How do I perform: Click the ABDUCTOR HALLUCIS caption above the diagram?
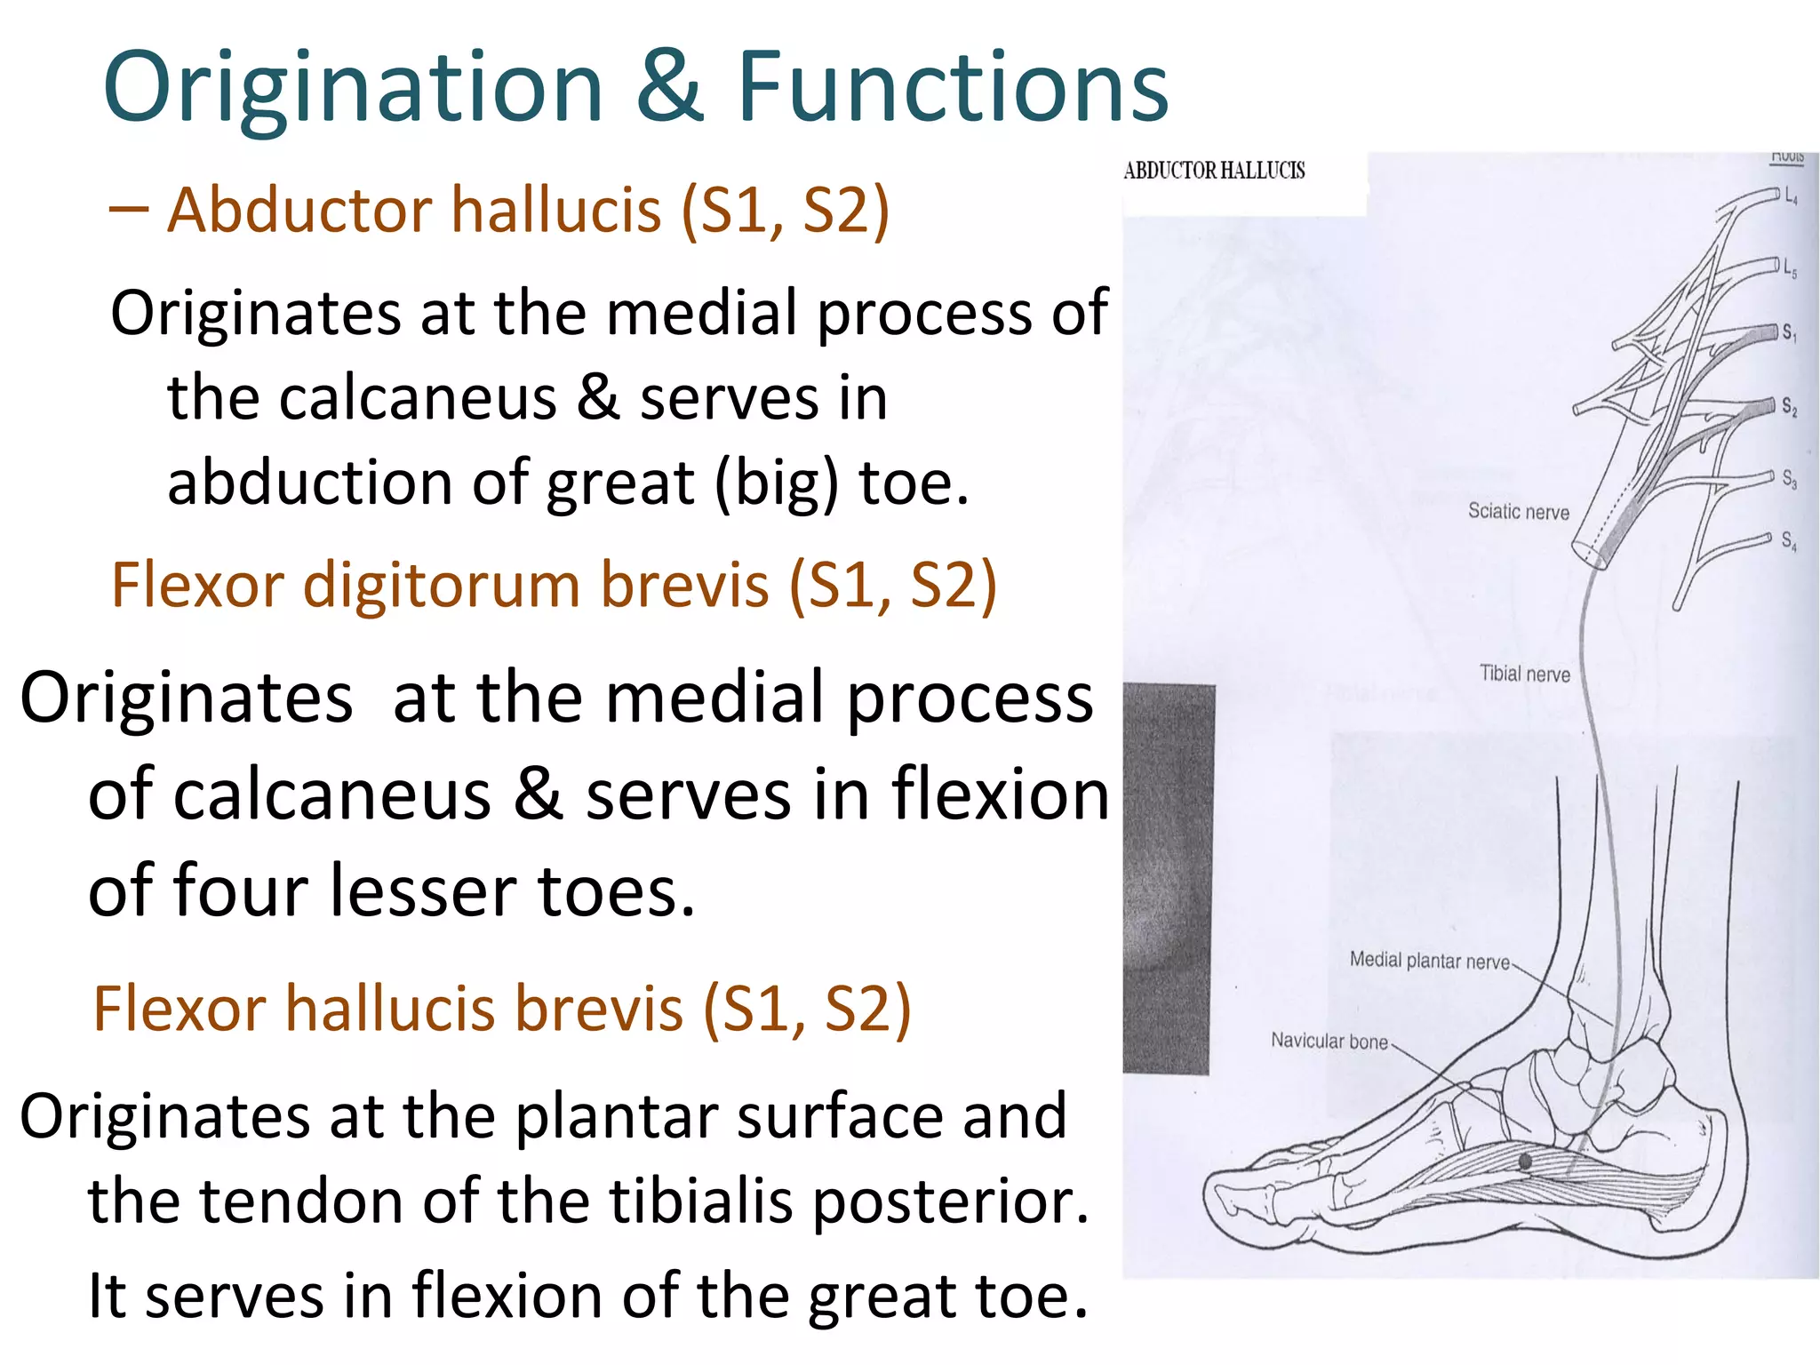click(1214, 171)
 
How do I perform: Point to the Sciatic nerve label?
click(1518, 512)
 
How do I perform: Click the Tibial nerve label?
click(1524, 675)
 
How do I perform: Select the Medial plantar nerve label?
click(1429, 961)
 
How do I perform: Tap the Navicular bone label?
click(1329, 1041)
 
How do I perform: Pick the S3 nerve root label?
click(1789, 479)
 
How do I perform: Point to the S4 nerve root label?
click(1788, 540)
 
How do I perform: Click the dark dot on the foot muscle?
click(1525, 1161)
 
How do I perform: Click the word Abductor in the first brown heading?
click(299, 212)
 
